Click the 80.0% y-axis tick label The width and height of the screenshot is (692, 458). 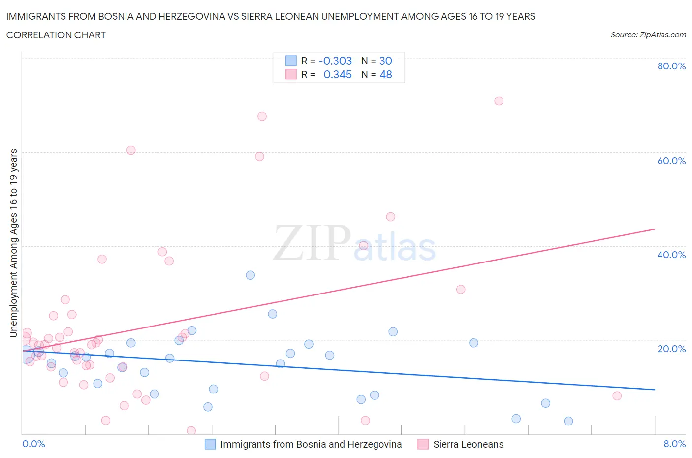click(671, 66)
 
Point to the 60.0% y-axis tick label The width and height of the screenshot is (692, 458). click(671, 161)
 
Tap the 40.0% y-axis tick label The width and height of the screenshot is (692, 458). click(671, 255)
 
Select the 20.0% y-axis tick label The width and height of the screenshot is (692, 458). click(671, 349)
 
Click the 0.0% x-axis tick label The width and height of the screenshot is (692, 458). click(33, 444)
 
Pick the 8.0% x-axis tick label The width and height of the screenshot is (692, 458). click(674, 444)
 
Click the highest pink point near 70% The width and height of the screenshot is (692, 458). click(499, 101)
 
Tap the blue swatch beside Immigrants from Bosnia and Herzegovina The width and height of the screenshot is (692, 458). click(210, 444)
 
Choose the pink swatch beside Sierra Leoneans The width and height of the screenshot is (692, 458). click(423, 444)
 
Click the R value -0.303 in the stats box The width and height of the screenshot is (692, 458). click(335, 61)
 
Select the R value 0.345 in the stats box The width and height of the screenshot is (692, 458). click(337, 74)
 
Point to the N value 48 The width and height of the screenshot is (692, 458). click(386, 74)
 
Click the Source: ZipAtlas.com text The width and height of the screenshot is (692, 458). click(648, 34)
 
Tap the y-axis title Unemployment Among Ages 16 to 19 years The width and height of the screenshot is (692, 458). click(14, 243)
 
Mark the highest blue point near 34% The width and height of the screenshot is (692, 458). click(251, 275)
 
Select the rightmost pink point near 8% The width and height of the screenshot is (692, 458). click(617, 396)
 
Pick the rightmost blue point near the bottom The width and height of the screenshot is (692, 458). click(568, 421)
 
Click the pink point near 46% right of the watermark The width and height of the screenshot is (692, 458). click(391, 217)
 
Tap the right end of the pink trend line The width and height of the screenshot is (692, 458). click(655, 229)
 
